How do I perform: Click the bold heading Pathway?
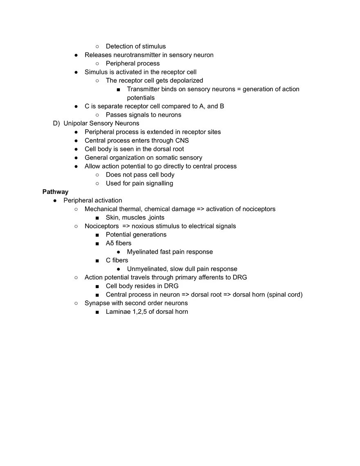[x=55, y=192]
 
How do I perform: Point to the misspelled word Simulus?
[x=97, y=72]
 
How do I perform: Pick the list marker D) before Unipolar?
[x=56, y=123]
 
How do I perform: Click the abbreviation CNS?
[x=182, y=140]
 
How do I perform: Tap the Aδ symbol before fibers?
[x=110, y=243]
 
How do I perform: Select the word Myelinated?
[x=143, y=252]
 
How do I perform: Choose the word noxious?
[x=143, y=226]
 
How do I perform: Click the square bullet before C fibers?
[x=97, y=261]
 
